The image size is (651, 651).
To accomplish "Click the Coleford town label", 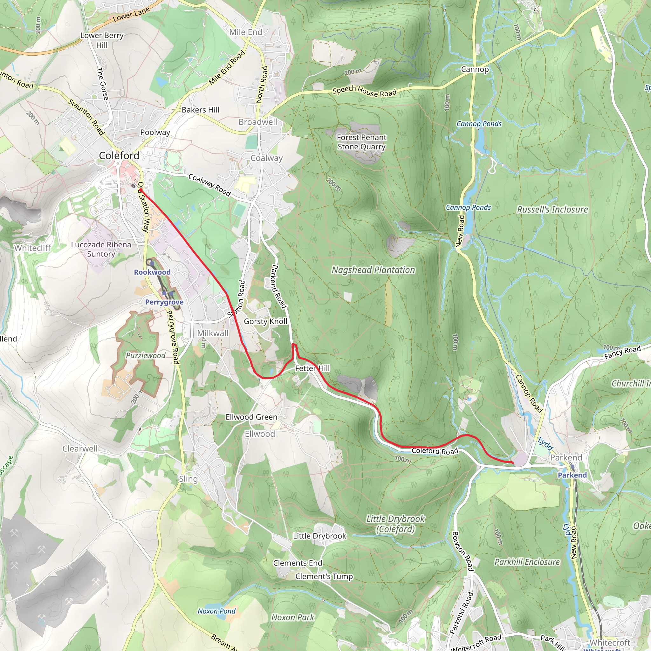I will click(119, 156).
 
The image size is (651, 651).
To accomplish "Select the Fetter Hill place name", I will click(312, 368).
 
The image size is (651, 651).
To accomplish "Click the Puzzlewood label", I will click(146, 355).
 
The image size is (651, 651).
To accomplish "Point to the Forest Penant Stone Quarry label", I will click(361, 142).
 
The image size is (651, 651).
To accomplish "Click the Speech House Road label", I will click(364, 91).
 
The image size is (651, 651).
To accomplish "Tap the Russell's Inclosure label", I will click(552, 209).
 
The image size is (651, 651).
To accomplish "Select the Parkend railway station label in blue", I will click(572, 475).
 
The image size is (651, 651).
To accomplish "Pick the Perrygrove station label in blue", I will click(164, 302).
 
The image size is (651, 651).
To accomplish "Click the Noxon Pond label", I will click(216, 611).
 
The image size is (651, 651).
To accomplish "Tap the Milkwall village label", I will click(213, 333).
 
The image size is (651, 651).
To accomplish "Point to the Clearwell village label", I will click(80, 449).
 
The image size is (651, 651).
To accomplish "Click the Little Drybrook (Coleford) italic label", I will click(395, 524).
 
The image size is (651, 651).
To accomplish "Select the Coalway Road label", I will click(209, 185).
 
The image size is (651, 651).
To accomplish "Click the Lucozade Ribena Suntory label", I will click(101, 249).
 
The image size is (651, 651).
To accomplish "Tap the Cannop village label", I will click(475, 69).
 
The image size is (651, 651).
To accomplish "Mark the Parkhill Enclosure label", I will click(527, 562).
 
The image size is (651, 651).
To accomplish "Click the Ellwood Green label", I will click(251, 417).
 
